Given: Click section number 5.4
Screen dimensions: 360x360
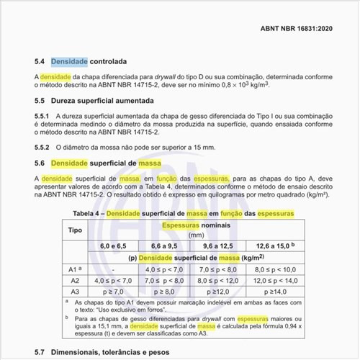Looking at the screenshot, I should (x=40, y=63).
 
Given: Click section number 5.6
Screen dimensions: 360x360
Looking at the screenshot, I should (x=40, y=163).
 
